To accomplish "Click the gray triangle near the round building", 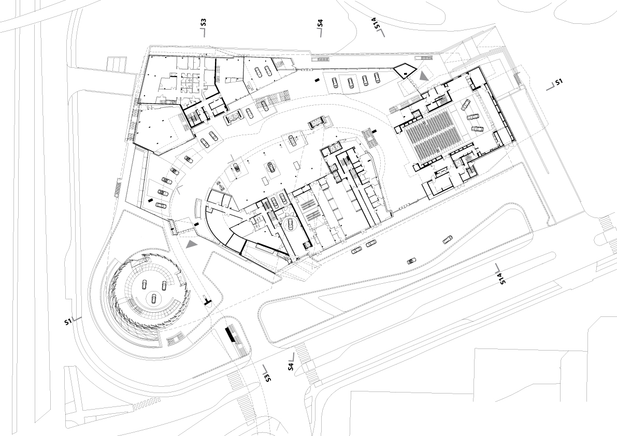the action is point(192,244).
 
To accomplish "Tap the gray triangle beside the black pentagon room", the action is point(424,77).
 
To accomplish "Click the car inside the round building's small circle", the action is point(153,298).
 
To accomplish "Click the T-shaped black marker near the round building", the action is point(207,302).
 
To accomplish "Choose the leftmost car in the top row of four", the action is point(335,82).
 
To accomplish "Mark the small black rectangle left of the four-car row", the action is point(317,80).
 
